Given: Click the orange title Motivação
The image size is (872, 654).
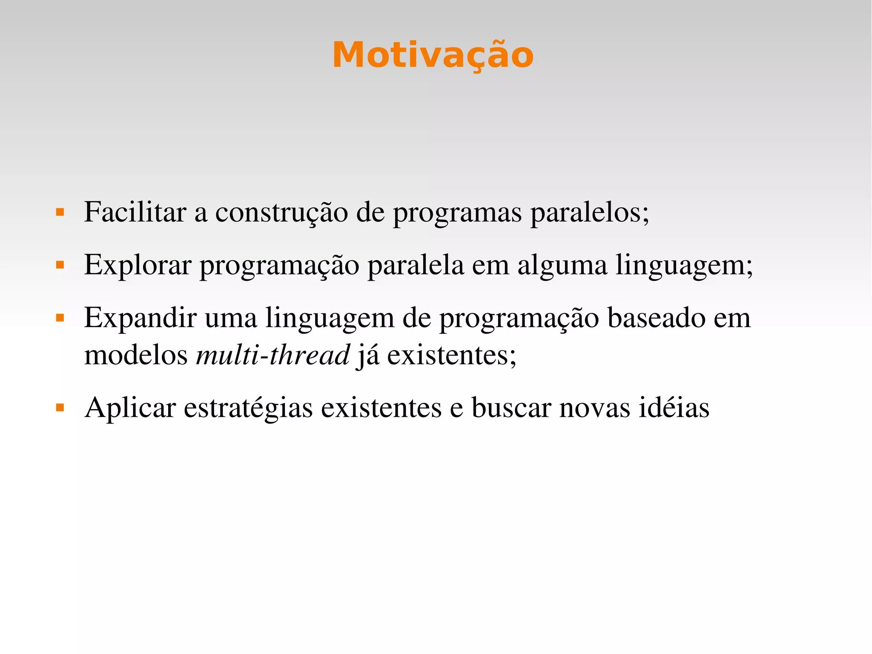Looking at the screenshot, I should pyautogui.click(x=433, y=55).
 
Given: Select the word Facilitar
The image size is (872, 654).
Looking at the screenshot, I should pyautogui.click(x=135, y=212).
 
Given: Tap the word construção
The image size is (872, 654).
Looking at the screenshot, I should pyautogui.click(x=281, y=213).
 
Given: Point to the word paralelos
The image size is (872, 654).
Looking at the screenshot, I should pyautogui.click(x=589, y=213).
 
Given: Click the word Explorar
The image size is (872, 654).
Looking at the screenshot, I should pyautogui.click(x=138, y=265).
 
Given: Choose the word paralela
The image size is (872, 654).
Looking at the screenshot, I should pyautogui.click(x=416, y=265).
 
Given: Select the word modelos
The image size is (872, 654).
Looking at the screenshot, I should pyautogui.click(x=136, y=354).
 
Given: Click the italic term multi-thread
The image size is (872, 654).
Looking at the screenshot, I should pyautogui.click(x=272, y=354).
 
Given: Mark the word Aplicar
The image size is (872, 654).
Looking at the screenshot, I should pyautogui.click(x=130, y=408).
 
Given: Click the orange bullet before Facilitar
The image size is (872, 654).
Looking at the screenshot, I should pyautogui.click(x=60, y=212).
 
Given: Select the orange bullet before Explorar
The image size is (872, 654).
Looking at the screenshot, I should pyautogui.click(x=60, y=265).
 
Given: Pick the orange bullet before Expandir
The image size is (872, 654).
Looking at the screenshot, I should pyautogui.click(x=60, y=318).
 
